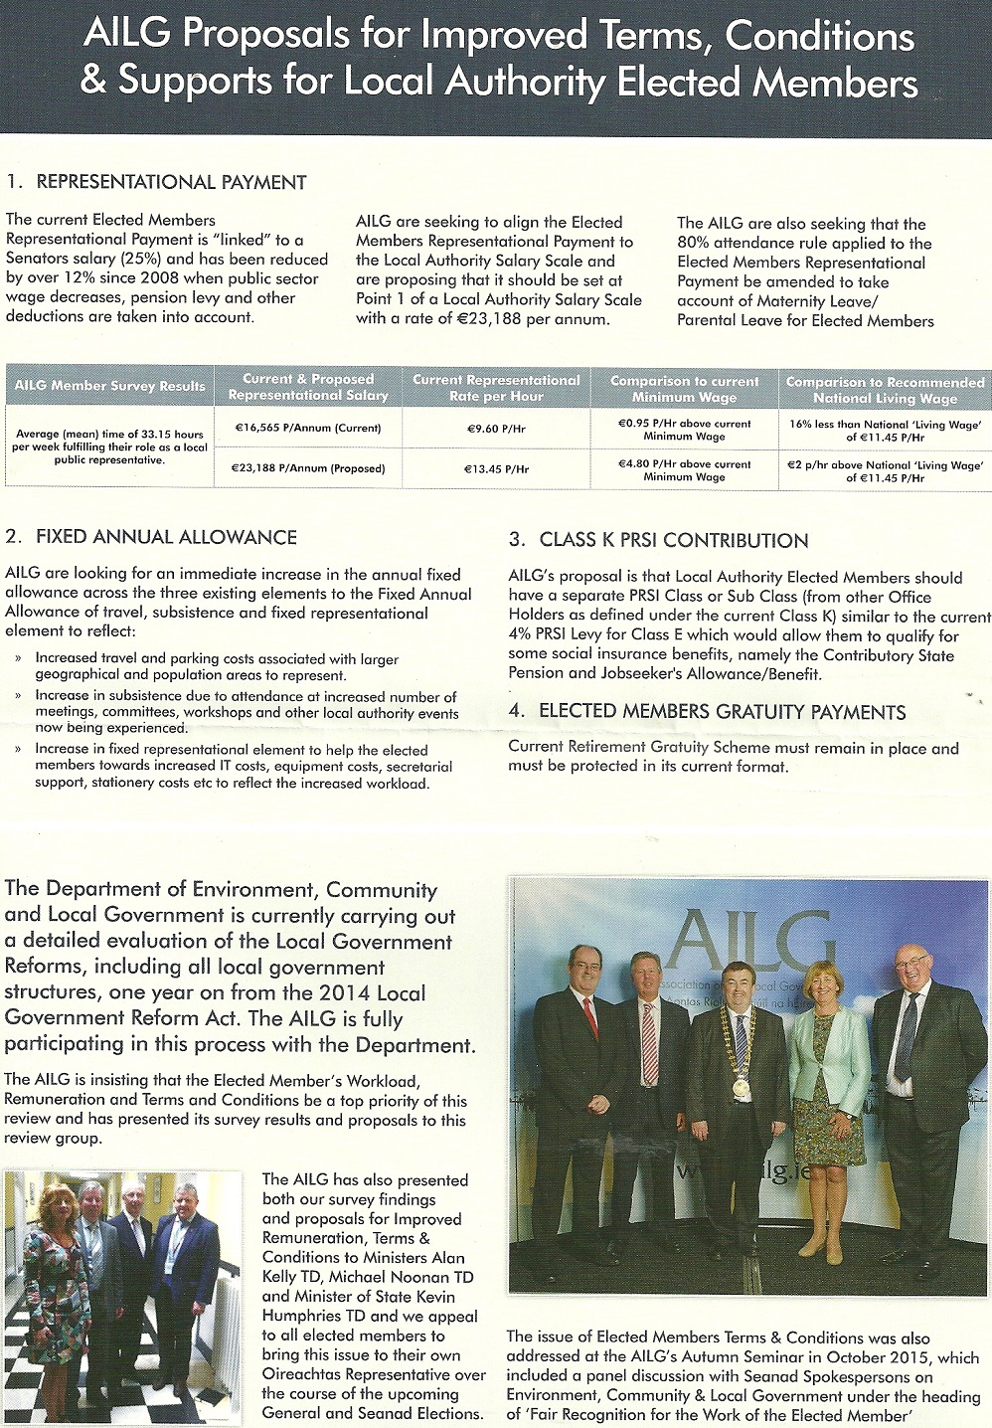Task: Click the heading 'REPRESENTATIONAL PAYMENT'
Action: [171, 182]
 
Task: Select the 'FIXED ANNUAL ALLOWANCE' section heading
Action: [166, 537]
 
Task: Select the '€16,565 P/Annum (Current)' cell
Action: [308, 429]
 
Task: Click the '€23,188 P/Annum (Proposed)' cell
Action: [308, 468]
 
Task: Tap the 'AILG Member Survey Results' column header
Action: [109, 386]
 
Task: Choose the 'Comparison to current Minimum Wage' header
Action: [684, 389]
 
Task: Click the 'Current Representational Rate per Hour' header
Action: [496, 388]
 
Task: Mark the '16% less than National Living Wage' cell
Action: [885, 430]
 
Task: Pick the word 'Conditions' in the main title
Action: [819, 37]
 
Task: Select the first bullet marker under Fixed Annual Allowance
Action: [20, 658]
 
